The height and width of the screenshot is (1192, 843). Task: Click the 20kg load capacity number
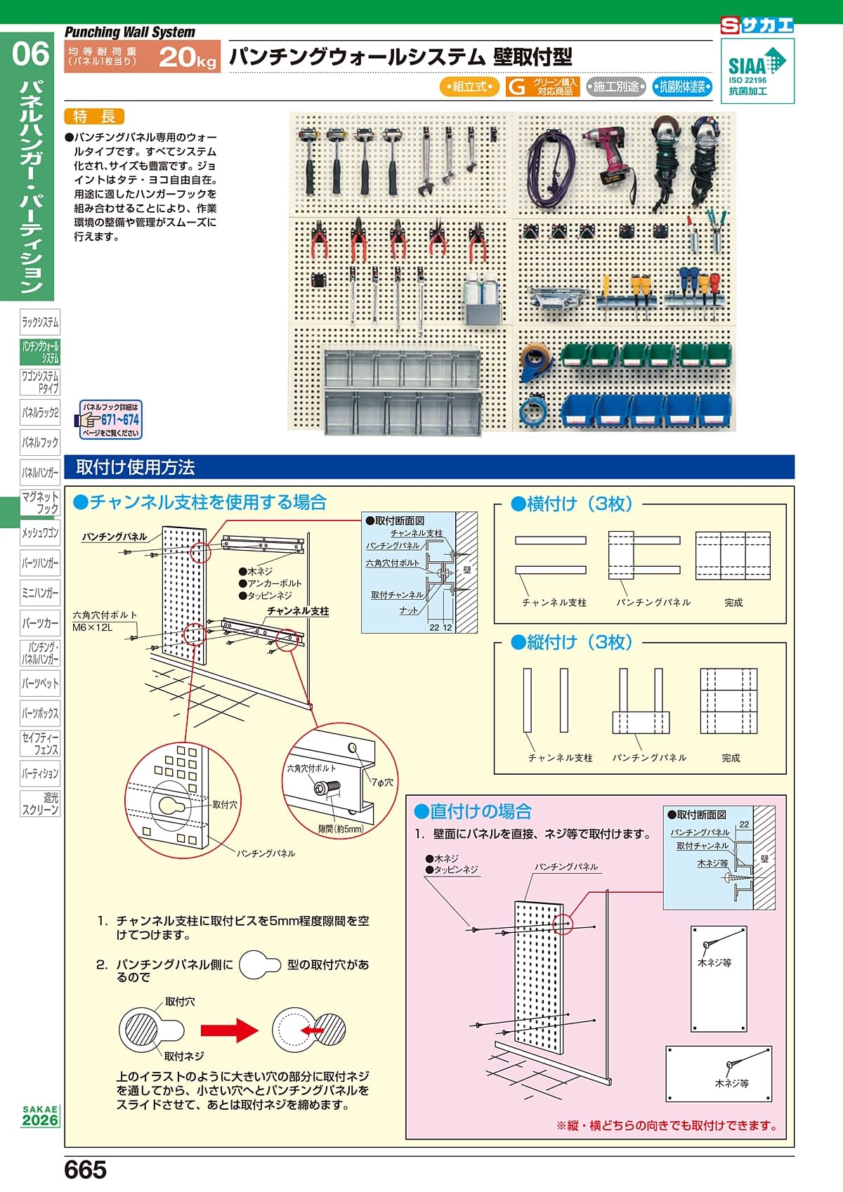187,57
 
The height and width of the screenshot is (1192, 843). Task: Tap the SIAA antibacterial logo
757,71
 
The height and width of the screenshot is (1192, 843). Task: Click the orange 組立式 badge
469,86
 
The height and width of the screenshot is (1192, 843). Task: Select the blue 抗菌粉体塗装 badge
682,86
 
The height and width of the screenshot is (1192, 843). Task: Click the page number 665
85,1170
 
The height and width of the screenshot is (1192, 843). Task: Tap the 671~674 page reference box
110,420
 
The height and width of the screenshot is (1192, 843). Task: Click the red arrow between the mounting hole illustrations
230,1030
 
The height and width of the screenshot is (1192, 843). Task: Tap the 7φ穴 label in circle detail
382,782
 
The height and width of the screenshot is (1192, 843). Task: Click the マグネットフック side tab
40,502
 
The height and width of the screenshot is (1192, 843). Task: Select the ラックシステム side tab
40,322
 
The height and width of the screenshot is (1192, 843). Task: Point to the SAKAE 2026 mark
40,1115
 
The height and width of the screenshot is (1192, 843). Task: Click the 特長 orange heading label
93,117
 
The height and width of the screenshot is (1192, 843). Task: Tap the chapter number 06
30,54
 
